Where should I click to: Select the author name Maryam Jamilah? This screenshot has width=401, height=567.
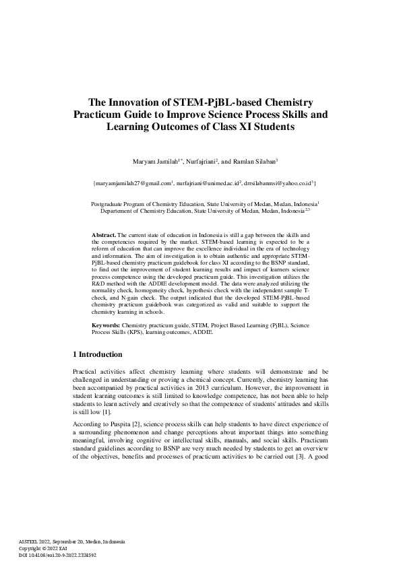coord(157,162)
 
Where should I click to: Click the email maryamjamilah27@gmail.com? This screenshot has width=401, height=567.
coord(132,182)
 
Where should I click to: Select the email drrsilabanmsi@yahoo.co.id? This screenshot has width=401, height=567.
coord(276,182)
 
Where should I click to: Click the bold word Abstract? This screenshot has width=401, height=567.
coord(103,233)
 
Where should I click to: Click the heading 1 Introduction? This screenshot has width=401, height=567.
coord(97,354)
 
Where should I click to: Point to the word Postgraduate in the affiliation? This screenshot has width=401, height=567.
coord(108,203)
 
